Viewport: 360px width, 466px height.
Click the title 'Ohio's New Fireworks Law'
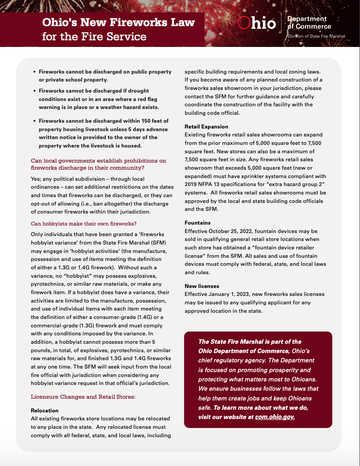[x=118, y=22]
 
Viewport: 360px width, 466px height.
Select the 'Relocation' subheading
[x=44, y=411]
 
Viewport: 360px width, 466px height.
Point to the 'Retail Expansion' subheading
[x=206, y=126]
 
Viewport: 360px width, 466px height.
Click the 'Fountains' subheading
[x=198, y=223]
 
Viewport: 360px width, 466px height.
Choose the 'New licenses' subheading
[x=202, y=286]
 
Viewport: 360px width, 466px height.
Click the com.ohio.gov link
[x=275, y=417]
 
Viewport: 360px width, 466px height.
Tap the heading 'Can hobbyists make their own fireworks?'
[x=83, y=224]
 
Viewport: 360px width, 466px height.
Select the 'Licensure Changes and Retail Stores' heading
[x=83, y=396]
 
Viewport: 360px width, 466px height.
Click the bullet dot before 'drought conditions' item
[x=34, y=91]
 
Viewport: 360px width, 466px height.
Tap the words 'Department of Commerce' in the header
[x=309, y=23]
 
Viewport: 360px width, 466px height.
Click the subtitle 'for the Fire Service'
[x=94, y=36]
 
